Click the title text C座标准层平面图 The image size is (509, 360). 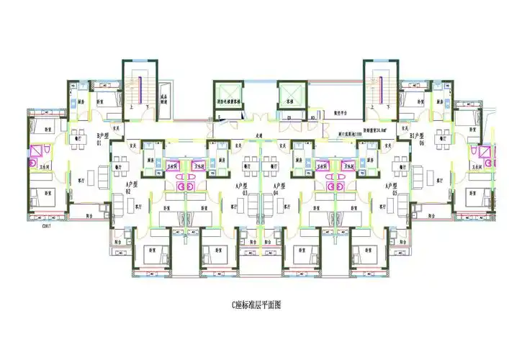coord(256,305)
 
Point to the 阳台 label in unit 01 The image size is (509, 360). coord(89,215)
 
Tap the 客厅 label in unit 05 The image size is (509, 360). coord(379,207)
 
